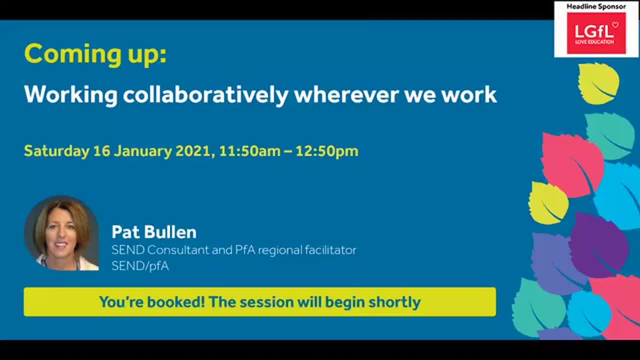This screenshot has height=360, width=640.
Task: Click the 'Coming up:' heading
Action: [x=95, y=54]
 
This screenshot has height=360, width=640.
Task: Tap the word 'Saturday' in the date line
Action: [x=56, y=151]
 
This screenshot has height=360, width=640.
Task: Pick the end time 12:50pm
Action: [x=326, y=151]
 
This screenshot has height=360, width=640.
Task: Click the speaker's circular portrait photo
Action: [x=61, y=233]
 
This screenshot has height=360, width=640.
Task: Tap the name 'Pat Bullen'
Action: [x=154, y=232]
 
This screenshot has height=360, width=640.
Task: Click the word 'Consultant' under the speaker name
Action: [x=177, y=250]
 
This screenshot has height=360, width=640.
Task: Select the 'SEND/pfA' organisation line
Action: [x=140, y=266]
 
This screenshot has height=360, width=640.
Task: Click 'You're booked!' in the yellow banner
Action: [x=151, y=302]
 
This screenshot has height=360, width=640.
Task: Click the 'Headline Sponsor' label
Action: [x=596, y=6]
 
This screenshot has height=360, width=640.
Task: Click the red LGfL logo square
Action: [x=596, y=33]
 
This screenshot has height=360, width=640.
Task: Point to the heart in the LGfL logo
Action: [x=615, y=24]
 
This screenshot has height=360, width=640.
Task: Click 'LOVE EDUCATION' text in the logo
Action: [x=594, y=41]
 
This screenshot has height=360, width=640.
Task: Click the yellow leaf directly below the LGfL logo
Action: [x=598, y=83]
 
